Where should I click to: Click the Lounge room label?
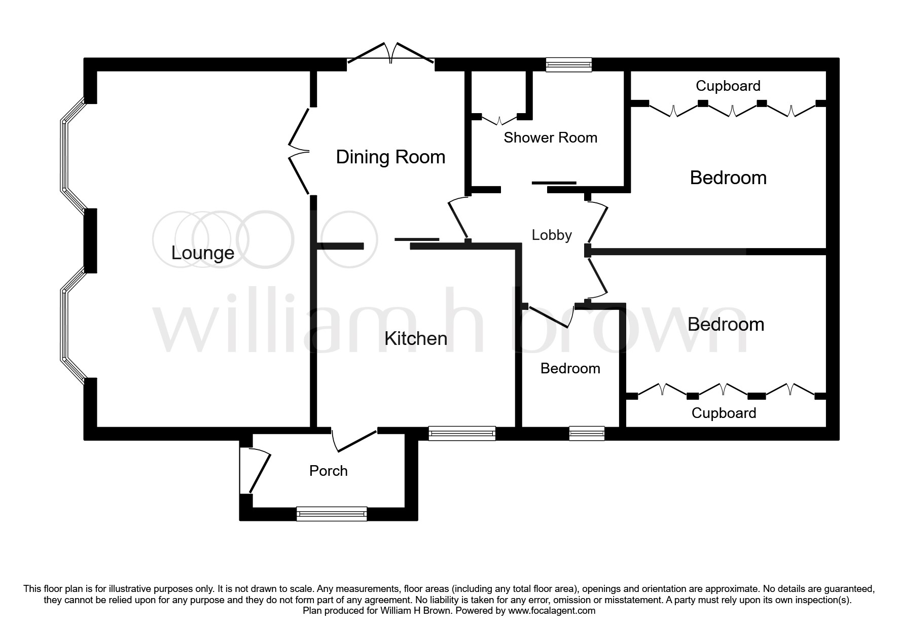pyautogui.click(x=203, y=253)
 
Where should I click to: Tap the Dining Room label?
pyautogui.click(x=390, y=157)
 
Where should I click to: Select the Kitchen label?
pyautogui.click(x=416, y=338)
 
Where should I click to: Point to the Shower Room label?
pyautogui.click(x=550, y=137)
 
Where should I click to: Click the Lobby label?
pyautogui.click(x=552, y=235)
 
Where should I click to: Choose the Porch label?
pyautogui.click(x=329, y=471)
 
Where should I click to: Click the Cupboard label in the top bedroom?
pyautogui.click(x=728, y=86)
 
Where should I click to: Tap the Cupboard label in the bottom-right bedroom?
pyautogui.click(x=724, y=413)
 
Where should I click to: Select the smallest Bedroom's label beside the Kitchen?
pyautogui.click(x=570, y=368)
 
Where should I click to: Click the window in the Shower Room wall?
pyautogui.click(x=568, y=64)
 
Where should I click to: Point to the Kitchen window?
pyautogui.click(x=461, y=433)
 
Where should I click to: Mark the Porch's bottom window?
pyautogui.click(x=332, y=514)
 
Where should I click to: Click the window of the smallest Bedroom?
pyautogui.click(x=587, y=433)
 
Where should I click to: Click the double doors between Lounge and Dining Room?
pyautogui.click(x=299, y=151)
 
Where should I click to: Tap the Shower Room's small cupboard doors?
pyautogui.click(x=499, y=120)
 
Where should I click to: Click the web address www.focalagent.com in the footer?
pyautogui.click(x=552, y=611)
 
